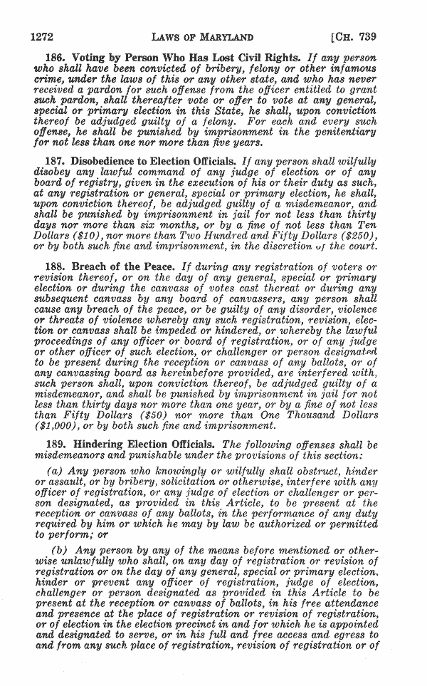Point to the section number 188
56,266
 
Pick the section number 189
56,444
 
